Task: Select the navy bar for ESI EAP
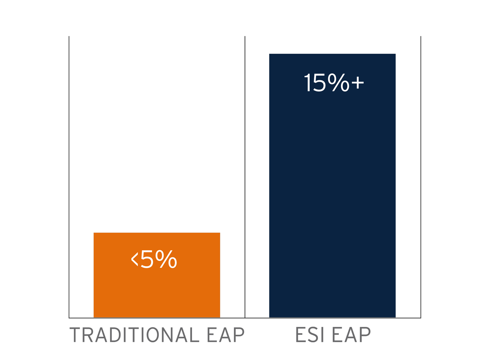coord(332,195)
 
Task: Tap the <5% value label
coord(154,260)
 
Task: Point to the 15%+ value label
coord(334,83)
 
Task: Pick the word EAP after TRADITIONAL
coord(226,335)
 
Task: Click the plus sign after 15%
coord(358,82)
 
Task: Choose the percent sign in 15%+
coord(338,83)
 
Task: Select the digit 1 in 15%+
coord(307,83)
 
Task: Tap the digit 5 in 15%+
coord(319,83)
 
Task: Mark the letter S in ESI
coord(309,335)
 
